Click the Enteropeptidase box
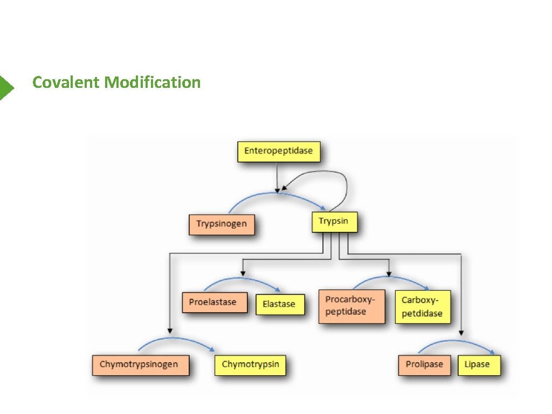tap(279, 151)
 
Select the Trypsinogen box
tap(222, 224)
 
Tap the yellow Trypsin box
tap(334, 222)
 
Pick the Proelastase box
tap(212, 302)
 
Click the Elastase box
tap(279, 304)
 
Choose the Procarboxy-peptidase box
tap(351, 306)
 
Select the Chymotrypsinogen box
tap(139, 364)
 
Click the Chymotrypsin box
tap(250, 364)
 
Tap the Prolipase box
tap(424, 364)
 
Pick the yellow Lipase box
tap(478, 364)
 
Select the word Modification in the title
tap(153, 82)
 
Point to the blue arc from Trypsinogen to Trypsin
tap(275, 194)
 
